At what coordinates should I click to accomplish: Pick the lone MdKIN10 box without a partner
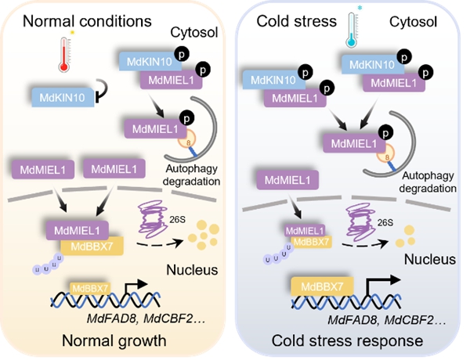click(x=60, y=97)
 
